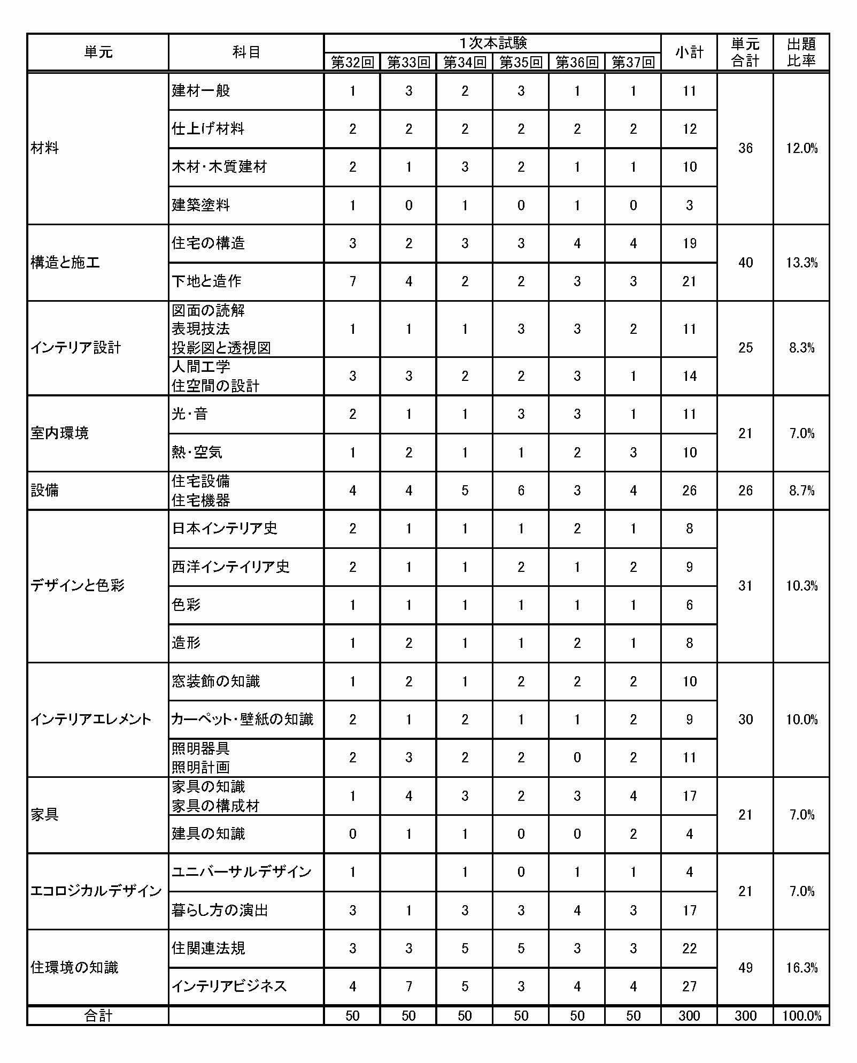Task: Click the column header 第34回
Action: (x=465, y=63)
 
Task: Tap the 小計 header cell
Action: (x=689, y=52)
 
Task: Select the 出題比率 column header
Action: (x=801, y=52)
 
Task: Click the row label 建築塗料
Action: (x=201, y=205)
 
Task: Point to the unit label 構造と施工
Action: (x=65, y=263)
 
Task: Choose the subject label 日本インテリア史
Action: (x=225, y=529)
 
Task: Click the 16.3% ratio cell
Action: (x=801, y=967)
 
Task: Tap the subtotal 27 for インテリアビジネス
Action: (x=689, y=986)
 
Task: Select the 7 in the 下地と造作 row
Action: (x=352, y=281)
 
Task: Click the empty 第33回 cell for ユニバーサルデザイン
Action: (x=408, y=872)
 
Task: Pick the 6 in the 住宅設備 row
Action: (x=521, y=491)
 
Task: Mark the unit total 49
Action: (x=745, y=967)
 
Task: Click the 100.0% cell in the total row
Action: (x=801, y=1016)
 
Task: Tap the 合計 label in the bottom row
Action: (x=98, y=1016)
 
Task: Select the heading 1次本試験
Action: (x=492, y=43)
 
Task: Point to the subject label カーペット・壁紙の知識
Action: (x=242, y=720)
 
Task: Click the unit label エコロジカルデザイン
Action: (x=96, y=891)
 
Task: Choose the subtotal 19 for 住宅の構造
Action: (x=689, y=243)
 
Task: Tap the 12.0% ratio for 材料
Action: (x=801, y=148)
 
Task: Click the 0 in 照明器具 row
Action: (x=577, y=758)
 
